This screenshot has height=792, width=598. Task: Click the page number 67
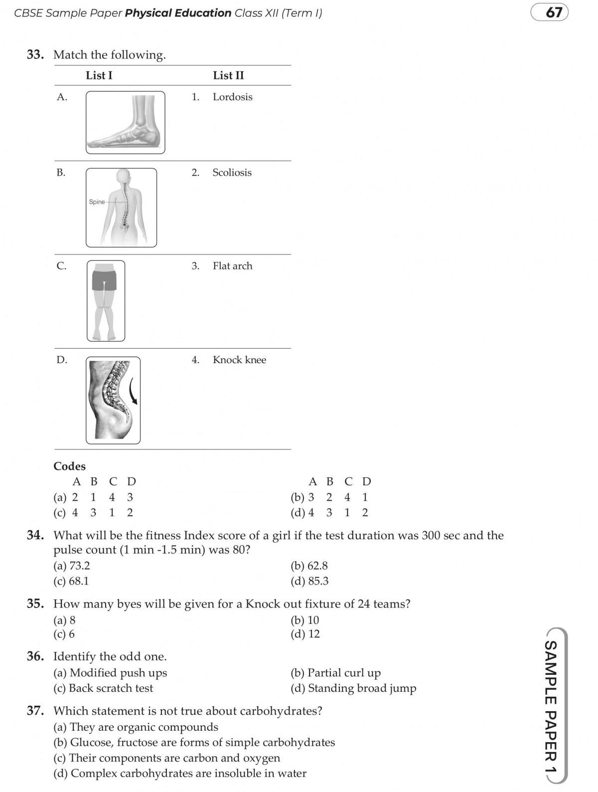click(554, 12)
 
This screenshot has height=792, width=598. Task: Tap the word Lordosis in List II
click(232, 97)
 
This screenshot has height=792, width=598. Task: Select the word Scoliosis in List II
click(232, 173)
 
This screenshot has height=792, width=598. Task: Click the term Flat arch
click(232, 266)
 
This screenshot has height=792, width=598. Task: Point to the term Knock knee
click(239, 360)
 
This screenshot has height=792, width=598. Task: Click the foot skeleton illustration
click(126, 123)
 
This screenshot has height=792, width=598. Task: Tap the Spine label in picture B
click(97, 202)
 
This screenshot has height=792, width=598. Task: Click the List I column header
click(99, 75)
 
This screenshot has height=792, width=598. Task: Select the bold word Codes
click(69, 466)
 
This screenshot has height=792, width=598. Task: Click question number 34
click(35, 535)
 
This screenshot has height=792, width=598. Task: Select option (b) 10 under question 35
click(305, 620)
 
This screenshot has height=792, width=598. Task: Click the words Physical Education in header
click(178, 13)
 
